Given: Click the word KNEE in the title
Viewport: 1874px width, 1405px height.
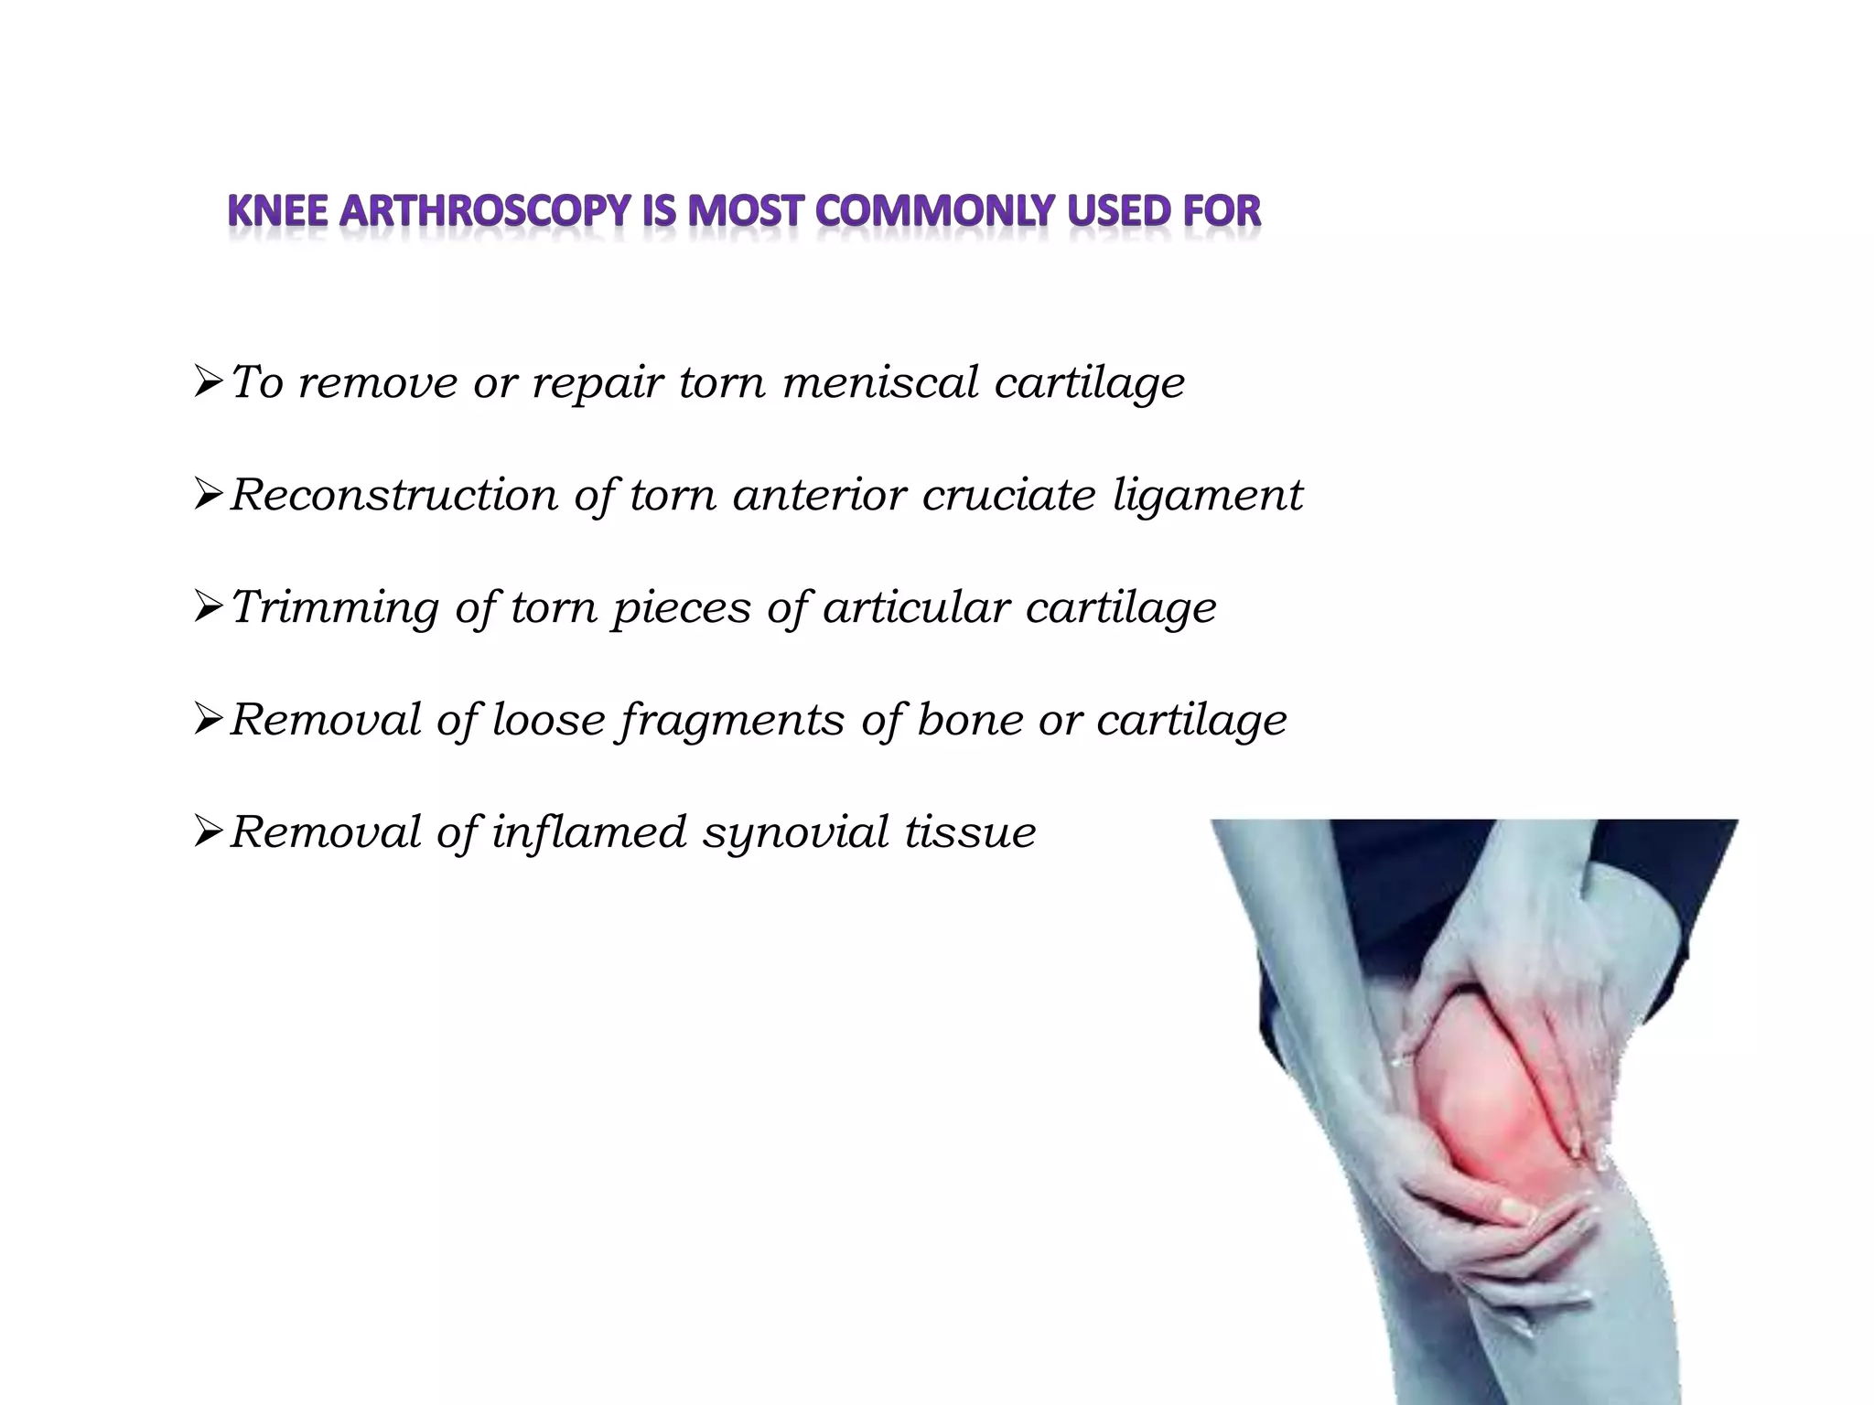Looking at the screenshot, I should coord(277,211).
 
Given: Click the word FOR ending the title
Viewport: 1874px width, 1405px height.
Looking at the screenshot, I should coord(1222,211).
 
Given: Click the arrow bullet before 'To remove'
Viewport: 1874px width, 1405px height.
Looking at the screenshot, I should coord(209,381).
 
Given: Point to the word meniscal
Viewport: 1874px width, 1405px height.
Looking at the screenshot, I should coord(880,381).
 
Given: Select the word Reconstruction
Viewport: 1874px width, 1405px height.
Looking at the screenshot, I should coord(393,495).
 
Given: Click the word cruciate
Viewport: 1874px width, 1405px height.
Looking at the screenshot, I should coord(1008,495).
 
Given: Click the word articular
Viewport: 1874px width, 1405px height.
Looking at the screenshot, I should coord(916,606).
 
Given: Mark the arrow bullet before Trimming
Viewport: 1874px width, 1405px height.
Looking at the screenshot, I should coord(209,606).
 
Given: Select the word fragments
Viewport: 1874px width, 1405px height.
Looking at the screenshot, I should coord(731,721).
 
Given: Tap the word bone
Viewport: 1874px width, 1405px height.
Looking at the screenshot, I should coord(970,719).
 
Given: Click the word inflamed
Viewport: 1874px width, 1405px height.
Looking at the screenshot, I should coord(588,831).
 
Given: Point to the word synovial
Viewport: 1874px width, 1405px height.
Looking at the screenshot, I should coord(796,833).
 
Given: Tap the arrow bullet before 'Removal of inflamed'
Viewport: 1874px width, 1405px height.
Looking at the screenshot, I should coord(209,831).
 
